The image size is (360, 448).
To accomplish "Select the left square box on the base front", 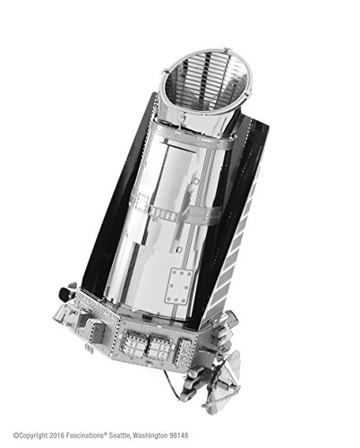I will coord(139,345).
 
